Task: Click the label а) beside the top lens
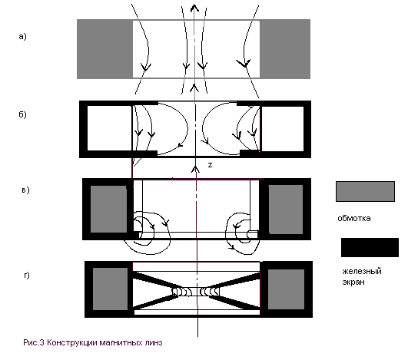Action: tap(22, 36)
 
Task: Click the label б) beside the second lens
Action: tap(22, 114)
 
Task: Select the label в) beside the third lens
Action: tap(26, 190)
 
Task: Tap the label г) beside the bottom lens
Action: tap(27, 275)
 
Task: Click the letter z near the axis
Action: tap(210, 165)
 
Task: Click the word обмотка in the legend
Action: tap(354, 218)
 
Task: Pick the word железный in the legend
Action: tap(362, 272)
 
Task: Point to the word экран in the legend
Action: tap(353, 282)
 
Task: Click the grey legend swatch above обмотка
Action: tap(365, 192)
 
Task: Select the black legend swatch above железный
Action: tap(370, 247)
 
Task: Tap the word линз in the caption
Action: tap(154, 342)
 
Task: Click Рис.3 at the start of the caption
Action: tap(34, 342)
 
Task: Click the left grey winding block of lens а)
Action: tap(104, 49)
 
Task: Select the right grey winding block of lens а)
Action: tap(285, 49)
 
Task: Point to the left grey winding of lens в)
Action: tap(108, 209)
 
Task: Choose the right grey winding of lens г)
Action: tap(286, 289)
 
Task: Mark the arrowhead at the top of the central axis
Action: tap(194, 8)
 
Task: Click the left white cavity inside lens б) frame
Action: tap(110, 128)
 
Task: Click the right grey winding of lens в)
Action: tap(286, 210)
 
